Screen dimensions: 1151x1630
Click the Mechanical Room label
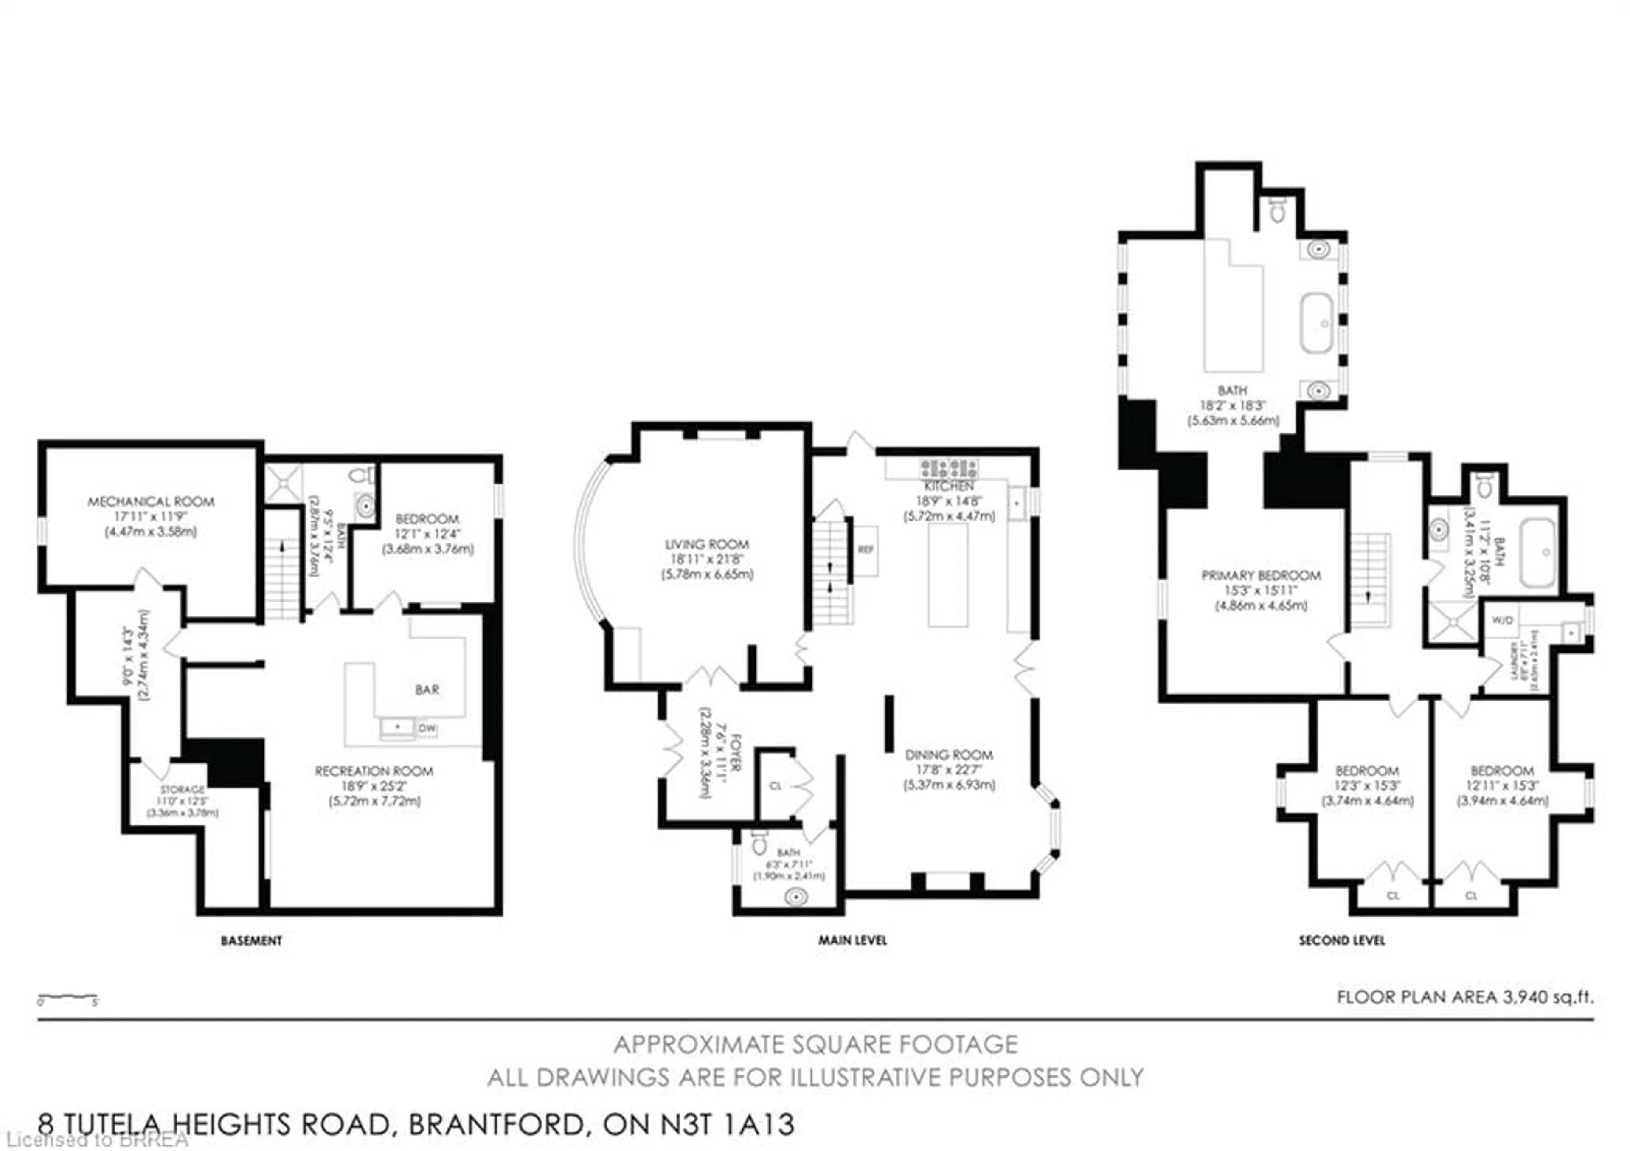(151, 501)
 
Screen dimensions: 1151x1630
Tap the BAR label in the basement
(427, 689)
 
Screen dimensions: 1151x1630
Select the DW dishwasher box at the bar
(427, 729)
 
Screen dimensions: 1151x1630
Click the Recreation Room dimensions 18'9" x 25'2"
(374, 786)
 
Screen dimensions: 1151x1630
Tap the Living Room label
(706, 545)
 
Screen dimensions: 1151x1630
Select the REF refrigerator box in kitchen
(866, 549)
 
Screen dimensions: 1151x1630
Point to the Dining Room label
(948, 755)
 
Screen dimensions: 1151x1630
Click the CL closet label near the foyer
(775, 786)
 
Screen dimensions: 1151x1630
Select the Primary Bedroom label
(1261, 575)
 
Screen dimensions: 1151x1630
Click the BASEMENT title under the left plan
(251, 941)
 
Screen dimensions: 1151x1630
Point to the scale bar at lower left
(67, 998)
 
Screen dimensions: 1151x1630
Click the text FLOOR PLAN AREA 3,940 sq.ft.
(1464, 997)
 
